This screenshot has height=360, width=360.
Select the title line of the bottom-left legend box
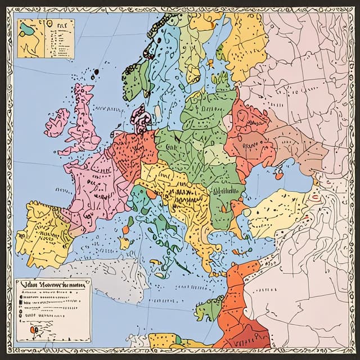point(52,285)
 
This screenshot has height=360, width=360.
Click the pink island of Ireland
point(57,123)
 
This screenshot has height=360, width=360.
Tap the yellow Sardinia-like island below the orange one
point(125,242)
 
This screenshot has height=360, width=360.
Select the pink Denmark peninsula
point(141,118)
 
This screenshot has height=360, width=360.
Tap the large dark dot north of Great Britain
point(95,71)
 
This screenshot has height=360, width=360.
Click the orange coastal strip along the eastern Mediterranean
point(236,304)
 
